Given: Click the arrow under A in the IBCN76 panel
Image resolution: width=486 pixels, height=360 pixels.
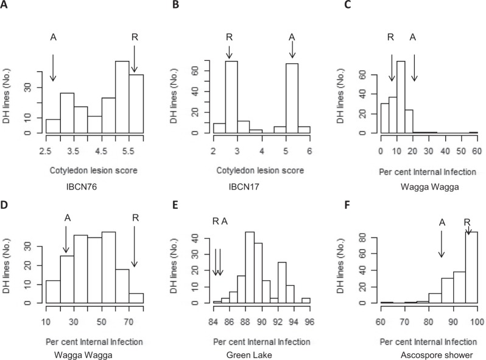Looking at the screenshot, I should point(53,67).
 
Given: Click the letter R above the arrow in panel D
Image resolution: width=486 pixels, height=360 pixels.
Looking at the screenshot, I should point(135,215).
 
